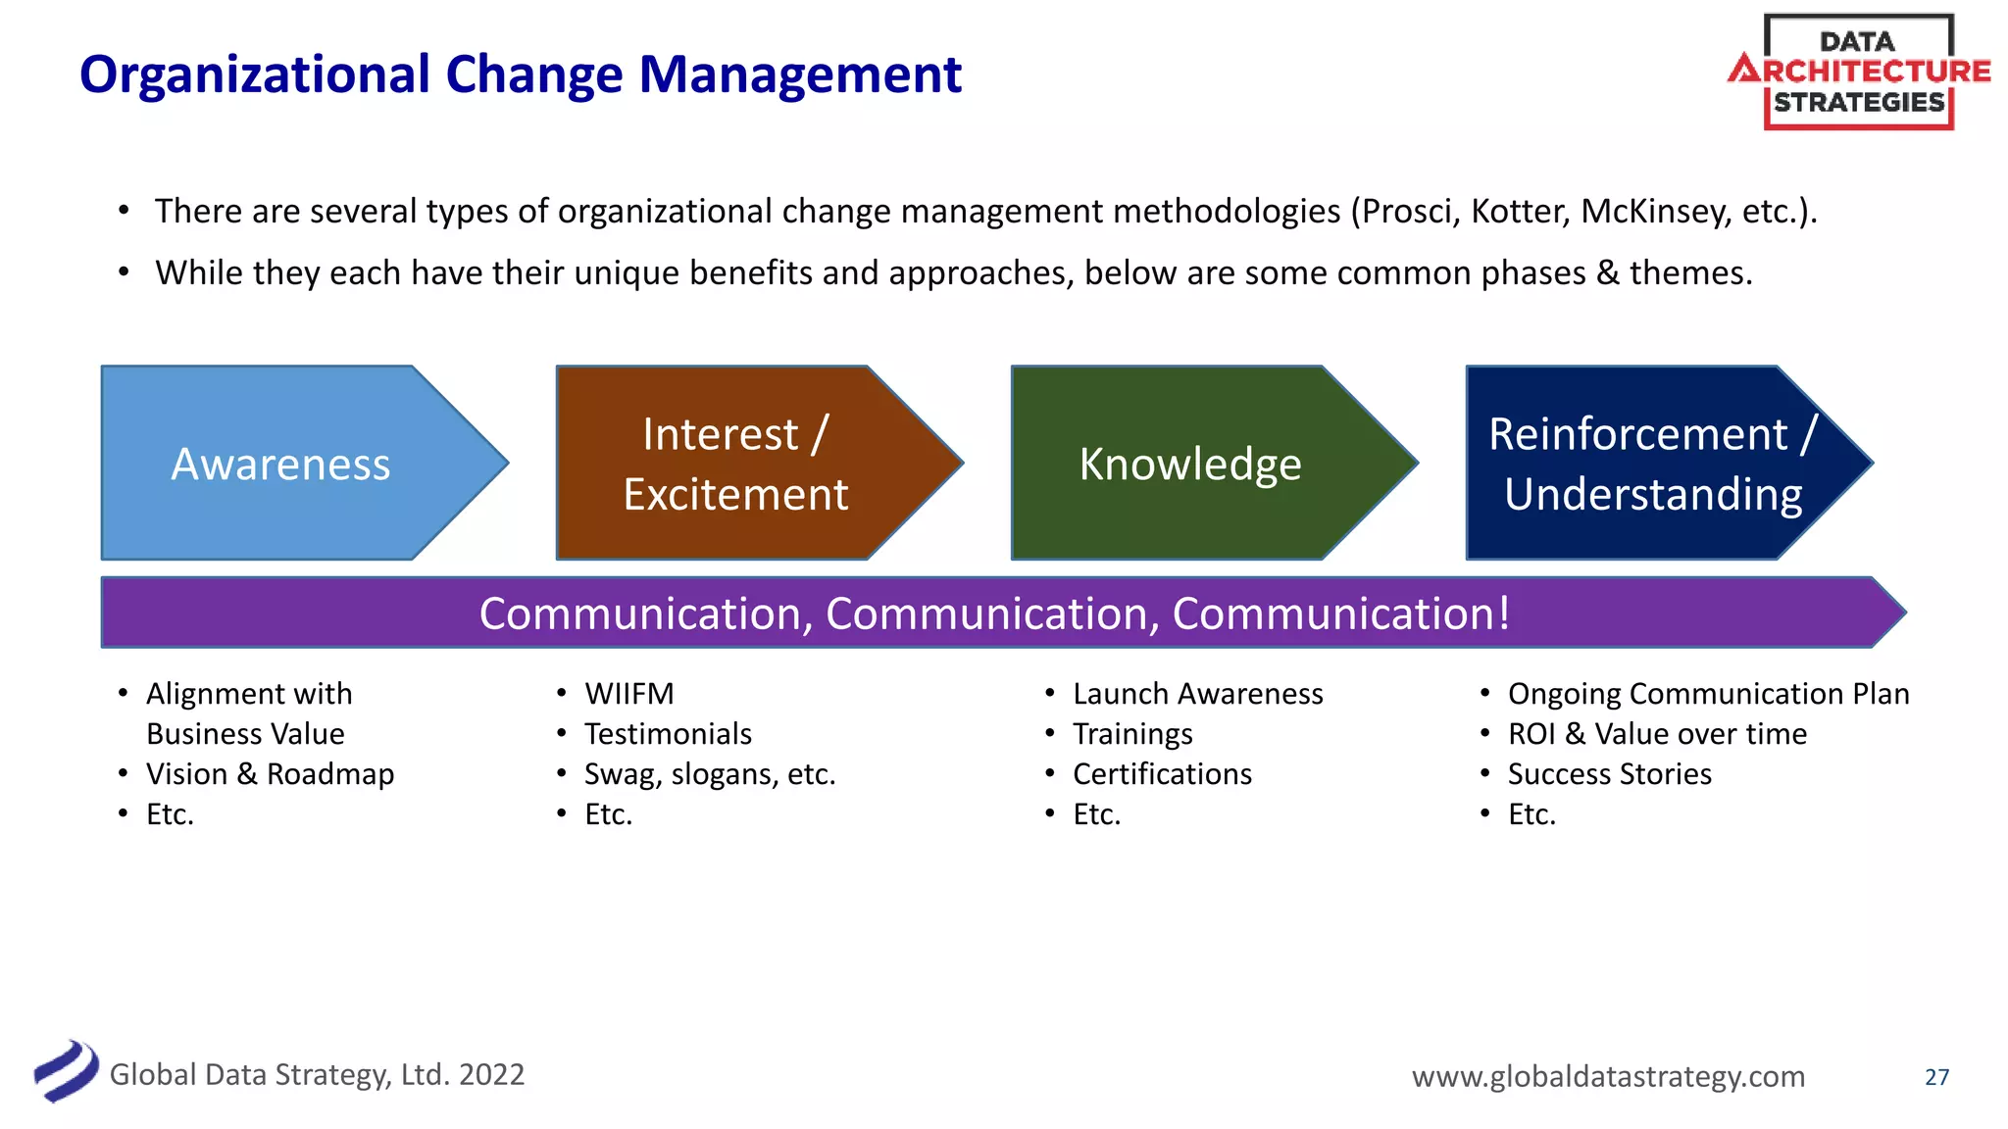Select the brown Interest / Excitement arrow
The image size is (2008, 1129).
[735, 464]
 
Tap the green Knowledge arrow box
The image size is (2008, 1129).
[1190, 464]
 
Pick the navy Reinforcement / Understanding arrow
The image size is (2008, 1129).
[1652, 464]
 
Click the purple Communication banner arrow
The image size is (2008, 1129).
[994, 614]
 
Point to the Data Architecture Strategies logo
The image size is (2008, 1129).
[1859, 72]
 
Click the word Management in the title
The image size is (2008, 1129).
[800, 74]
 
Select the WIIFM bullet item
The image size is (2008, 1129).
[629, 694]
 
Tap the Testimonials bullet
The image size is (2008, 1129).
[668, 734]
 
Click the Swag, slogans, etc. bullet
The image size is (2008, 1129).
[710, 774]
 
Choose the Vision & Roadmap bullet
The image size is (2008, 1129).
[270, 774]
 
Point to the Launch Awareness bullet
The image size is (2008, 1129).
[1197, 694]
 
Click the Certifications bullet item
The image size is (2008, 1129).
[1162, 774]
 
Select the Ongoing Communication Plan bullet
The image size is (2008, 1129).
[1708, 694]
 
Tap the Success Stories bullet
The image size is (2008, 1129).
[1609, 774]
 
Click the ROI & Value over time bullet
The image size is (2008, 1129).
[1657, 734]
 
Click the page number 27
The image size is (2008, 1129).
[1936, 1077]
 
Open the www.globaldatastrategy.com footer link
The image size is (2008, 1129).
[1608, 1076]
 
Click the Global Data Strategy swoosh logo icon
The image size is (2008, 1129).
[67, 1071]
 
